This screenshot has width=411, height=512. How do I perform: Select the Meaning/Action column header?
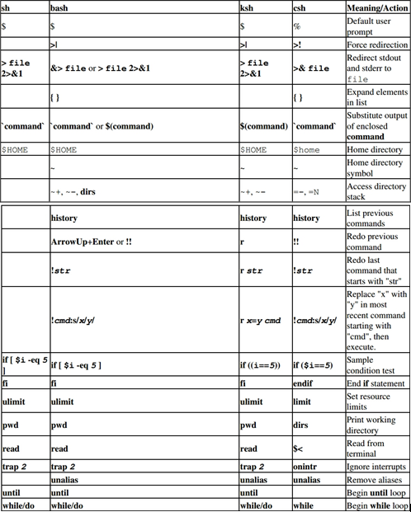[376, 7]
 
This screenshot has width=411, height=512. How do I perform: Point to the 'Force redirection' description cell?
[376, 45]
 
